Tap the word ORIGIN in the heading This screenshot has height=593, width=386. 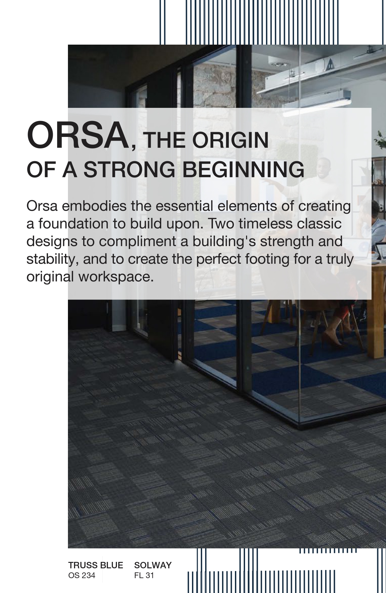click(231, 140)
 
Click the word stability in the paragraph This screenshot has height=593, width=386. click(52, 259)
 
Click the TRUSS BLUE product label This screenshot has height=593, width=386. click(96, 565)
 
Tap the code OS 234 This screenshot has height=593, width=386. click(82, 575)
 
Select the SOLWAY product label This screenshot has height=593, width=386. click(153, 565)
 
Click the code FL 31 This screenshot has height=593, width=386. click(144, 575)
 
